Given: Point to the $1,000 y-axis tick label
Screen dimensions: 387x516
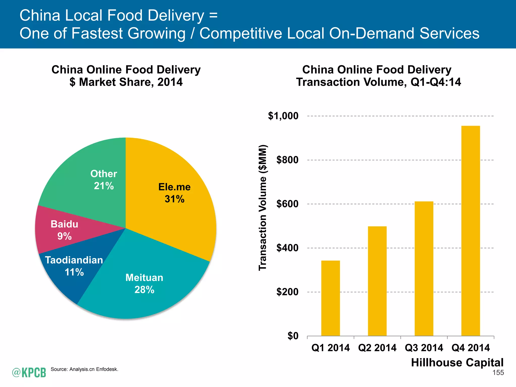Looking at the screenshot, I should tap(283, 116).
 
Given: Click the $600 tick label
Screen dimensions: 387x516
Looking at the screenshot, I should tap(287, 204).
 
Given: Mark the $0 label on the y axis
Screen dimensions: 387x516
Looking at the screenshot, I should tap(293, 336).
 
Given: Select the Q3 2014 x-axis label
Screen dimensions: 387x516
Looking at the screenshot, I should tap(424, 348).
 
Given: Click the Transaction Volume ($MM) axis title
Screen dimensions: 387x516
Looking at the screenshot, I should tap(263, 208).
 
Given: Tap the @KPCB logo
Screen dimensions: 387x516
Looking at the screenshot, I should tap(29, 372).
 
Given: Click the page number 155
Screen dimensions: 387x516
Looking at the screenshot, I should tap(498, 373).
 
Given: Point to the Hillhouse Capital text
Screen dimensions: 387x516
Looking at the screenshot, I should tap(457, 363).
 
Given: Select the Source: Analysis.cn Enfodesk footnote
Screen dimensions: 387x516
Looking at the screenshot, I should tap(84, 369).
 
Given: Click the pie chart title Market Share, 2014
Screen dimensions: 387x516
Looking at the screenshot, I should tap(126, 82).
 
